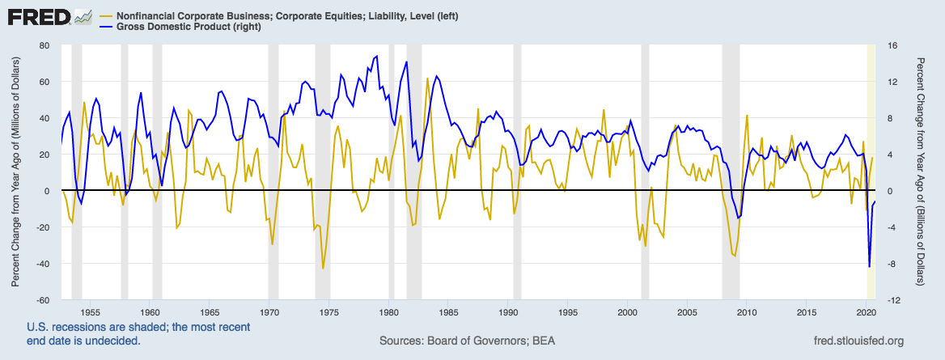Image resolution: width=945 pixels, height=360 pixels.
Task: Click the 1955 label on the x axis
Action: [90, 311]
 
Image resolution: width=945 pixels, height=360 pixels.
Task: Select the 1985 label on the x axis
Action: [448, 311]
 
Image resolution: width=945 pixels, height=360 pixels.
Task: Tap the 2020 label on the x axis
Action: [867, 311]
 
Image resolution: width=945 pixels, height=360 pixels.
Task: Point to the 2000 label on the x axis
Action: [628, 311]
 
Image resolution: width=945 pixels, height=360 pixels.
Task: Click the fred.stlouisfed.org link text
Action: [850, 341]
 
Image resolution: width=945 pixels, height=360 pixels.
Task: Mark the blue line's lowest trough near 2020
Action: [869, 266]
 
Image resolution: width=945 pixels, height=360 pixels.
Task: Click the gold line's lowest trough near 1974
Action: [323, 269]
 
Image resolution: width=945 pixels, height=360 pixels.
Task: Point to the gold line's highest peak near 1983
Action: [427, 78]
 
